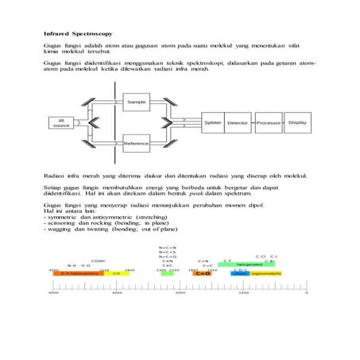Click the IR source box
coord(60,123)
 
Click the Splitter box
coord(212,123)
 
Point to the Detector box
coord(238,123)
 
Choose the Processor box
coord(268,123)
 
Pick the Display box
coord(296,123)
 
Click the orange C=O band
coord(203,273)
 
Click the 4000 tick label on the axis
coord(54,293)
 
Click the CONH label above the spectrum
coord(98,260)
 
